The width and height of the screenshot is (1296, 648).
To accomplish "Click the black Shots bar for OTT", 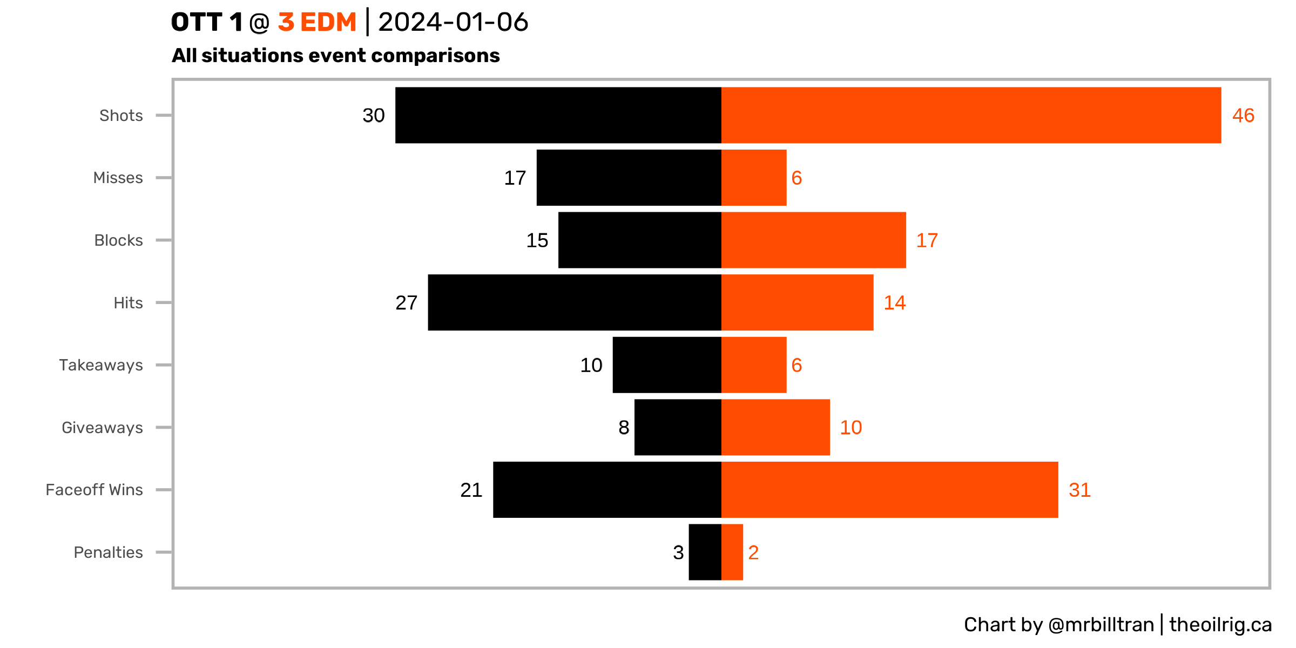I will click(558, 115).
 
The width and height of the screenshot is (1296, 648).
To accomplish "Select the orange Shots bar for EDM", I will click(971, 115).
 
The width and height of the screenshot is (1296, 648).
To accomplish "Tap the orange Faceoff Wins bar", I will click(889, 490).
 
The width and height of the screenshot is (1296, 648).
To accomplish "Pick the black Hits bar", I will click(575, 302).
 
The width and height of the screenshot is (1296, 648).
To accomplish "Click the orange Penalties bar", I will click(732, 552).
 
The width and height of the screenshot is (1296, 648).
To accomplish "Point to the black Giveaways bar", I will click(678, 427).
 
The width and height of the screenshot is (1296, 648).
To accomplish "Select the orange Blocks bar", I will click(813, 240).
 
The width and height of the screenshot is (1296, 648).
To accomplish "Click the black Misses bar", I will click(629, 178).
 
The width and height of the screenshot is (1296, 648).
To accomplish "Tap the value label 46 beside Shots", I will click(1243, 116).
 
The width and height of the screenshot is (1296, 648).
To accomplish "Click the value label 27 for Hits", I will click(406, 303).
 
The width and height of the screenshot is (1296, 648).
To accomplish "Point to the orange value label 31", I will click(1079, 490).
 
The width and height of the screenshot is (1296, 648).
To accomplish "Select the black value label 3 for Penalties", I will click(678, 552).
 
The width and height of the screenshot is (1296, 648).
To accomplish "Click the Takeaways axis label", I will click(101, 365).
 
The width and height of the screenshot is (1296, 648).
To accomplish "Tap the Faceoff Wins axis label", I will click(94, 490).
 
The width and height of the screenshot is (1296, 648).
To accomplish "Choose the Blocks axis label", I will click(118, 240).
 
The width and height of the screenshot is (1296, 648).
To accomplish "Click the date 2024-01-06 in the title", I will click(453, 22).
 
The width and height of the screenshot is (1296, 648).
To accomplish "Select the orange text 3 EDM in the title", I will click(317, 22).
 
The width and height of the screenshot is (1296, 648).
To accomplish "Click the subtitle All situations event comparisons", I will click(335, 56).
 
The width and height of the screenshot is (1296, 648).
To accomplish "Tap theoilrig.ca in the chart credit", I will click(1220, 625).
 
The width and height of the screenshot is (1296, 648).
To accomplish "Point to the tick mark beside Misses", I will click(164, 178).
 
